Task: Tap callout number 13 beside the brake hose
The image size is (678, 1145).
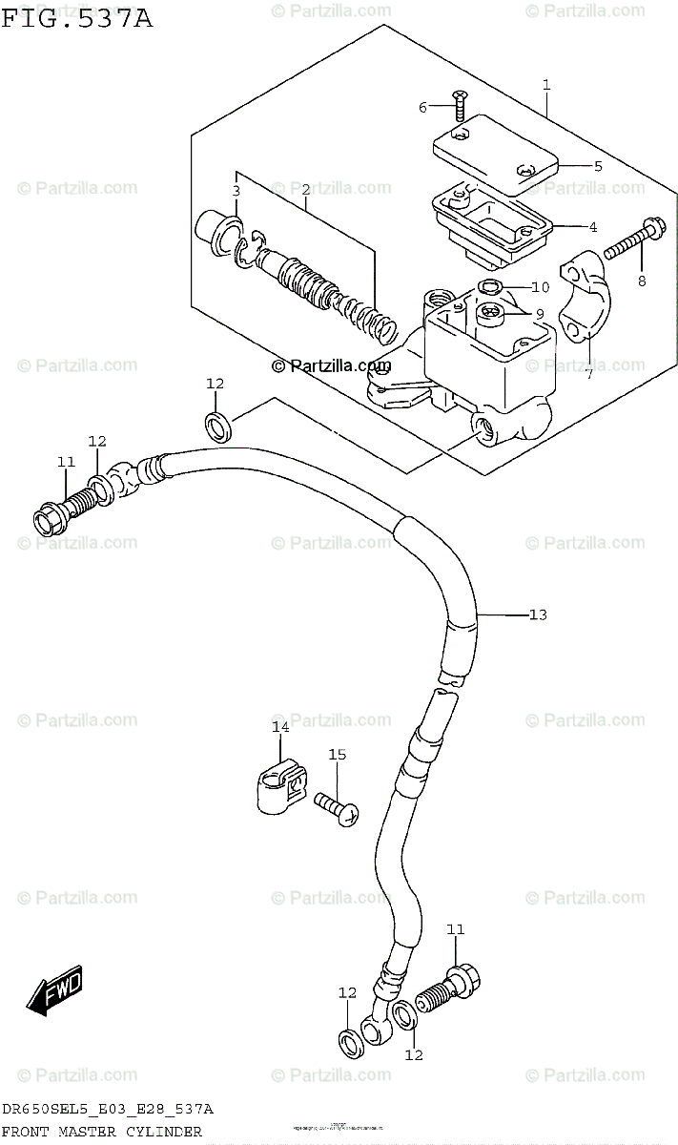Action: (538, 614)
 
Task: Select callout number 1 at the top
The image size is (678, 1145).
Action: (546, 85)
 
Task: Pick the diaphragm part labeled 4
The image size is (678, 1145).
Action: (491, 222)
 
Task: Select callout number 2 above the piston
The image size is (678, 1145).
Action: (305, 190)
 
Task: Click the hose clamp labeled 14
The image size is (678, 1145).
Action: (278, 788)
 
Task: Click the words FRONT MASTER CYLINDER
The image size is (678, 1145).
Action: (101, 1132)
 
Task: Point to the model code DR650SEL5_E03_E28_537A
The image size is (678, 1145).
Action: (107, 1110)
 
